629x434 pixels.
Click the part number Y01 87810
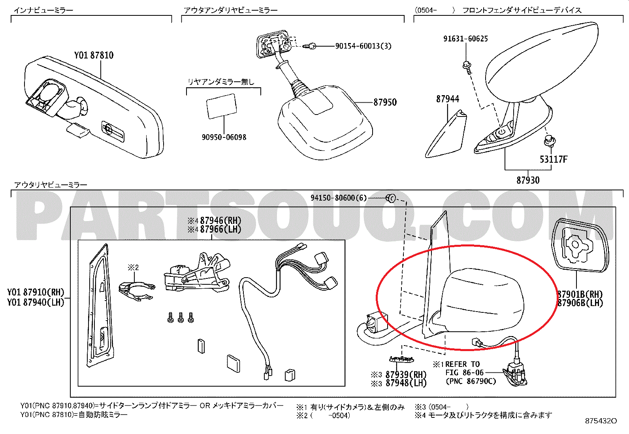pos(94,55)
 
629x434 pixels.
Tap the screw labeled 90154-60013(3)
pos(310,46)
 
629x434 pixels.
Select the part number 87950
pos(385,102)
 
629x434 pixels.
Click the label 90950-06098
pos(224,137)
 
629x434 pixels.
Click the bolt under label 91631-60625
pos(467,68)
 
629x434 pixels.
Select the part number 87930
pos(528,180)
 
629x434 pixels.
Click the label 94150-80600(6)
pos(339,198)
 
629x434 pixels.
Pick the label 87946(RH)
pos(220,221)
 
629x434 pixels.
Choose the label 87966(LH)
pos(220,229)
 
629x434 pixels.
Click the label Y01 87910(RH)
pos(36,293)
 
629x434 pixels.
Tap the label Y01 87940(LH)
pos(36,302)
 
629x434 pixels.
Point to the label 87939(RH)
pos(406,374)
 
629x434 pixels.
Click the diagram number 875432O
pos(601,421)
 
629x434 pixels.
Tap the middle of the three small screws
pos(181,317)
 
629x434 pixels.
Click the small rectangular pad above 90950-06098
pos(222,106)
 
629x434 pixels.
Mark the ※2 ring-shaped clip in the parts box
pos(136,291)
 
